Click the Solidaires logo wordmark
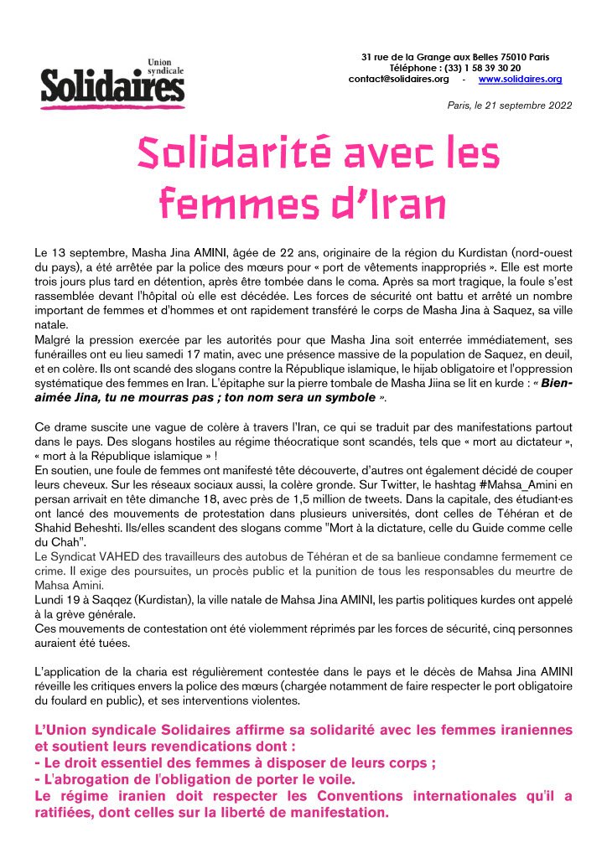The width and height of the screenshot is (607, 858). coord(112,85)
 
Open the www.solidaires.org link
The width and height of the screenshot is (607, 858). coord(520,79)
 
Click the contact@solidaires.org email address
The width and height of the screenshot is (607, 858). coord(398,79)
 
